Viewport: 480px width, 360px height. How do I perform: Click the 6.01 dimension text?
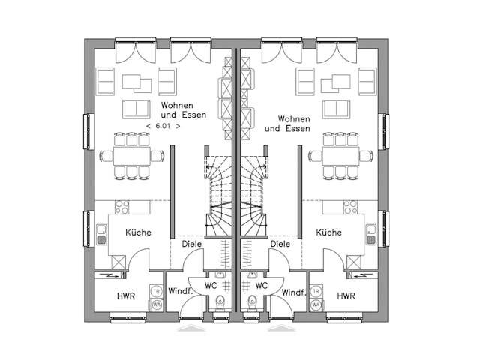[163, 127]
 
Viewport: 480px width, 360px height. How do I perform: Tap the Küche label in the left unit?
[138, 232]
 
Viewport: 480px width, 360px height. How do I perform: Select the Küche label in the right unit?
[330, 232]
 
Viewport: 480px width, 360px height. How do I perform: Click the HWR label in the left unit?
[126, 296]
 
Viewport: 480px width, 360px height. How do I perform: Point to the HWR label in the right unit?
[346, 296]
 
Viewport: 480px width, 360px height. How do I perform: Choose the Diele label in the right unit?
[280, 244]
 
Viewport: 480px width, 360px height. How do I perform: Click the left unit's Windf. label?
[178, 291]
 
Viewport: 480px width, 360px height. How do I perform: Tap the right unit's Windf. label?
[293, 291]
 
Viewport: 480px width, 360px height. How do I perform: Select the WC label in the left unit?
[211, 286]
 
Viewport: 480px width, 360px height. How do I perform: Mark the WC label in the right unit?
[261, 286]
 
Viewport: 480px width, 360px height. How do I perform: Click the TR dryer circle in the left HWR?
[157, 291]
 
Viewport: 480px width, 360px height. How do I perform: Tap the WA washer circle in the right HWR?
[315, 304]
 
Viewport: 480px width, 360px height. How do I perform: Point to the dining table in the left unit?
[132, 155]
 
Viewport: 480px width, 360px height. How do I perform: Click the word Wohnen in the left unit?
[178, 106]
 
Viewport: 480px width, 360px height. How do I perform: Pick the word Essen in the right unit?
[298, 129]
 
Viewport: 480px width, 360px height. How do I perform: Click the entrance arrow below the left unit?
[190, 328]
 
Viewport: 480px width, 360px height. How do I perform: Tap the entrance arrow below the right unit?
[281, 328]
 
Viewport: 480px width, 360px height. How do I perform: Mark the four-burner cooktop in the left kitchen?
[122, 207]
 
